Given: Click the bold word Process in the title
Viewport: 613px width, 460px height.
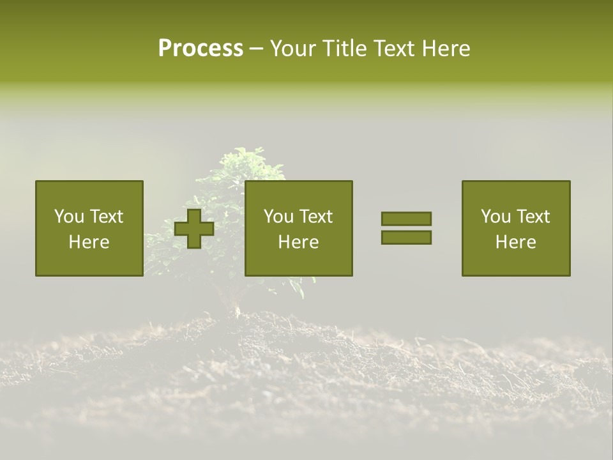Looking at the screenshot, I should (x=201, y=49).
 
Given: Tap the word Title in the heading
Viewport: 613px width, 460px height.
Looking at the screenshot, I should (x=344, y=49).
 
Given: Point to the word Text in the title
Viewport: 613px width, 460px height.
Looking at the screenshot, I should (x=393, y=49).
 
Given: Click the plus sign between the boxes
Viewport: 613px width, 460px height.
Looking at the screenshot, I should (x=194, y=229).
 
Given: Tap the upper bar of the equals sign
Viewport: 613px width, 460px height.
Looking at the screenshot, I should (x=406, y=218).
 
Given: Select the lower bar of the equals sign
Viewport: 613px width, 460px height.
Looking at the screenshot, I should (x=406, y=238).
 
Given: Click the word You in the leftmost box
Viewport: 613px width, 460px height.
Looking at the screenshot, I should (x=69, y=217).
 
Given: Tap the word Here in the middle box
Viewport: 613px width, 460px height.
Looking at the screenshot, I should (x=299, y=242).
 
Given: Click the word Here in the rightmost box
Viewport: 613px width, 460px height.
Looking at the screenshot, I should (x=516, y=242).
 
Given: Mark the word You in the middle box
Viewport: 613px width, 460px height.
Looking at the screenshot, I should (x=278, y=217).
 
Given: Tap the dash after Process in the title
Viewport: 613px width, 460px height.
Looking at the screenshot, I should (x=257, y=49).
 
